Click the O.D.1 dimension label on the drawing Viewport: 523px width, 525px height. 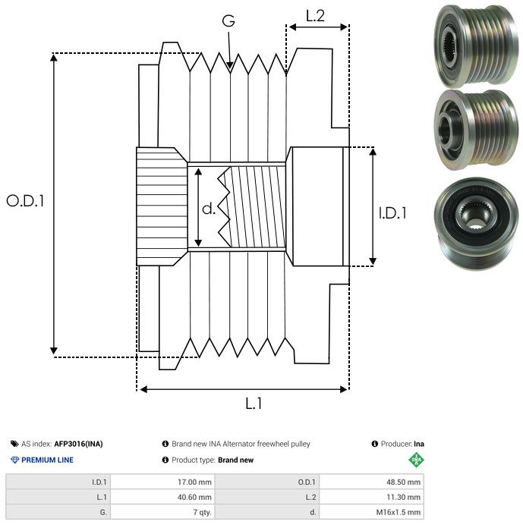tap(25, 201)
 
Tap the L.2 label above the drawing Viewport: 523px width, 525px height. tap(315, 16)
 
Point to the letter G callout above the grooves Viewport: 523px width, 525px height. tap(228, 20)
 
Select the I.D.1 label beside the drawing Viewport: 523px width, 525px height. tap(392, 213)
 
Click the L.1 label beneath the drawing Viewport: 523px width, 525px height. tap(254, 404)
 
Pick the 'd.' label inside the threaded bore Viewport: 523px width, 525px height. tap(209, 209)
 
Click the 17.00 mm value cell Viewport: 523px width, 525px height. tap(194, 483)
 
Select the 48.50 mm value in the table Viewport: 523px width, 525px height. tap(403, 483)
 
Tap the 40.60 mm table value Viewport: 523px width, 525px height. tap(194, 497)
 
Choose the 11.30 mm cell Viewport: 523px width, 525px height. tap(403, 497)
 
